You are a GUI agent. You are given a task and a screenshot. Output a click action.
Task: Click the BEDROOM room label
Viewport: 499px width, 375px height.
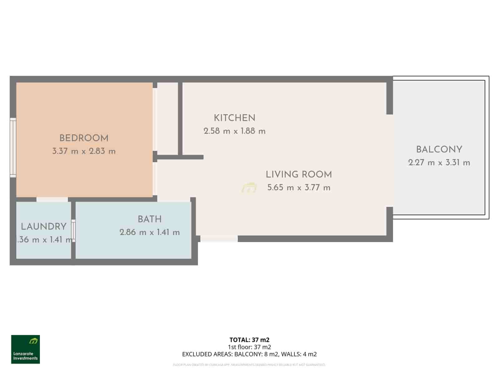coord(84,138)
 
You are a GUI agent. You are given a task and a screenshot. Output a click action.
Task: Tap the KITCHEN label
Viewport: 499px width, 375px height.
coord(235,118)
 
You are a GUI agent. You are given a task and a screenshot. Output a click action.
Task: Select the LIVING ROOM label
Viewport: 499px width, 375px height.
coord(299,174)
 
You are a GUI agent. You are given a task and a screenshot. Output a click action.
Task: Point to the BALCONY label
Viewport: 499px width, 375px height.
coord(439,150)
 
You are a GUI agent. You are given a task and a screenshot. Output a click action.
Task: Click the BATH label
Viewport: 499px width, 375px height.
coord(150,219)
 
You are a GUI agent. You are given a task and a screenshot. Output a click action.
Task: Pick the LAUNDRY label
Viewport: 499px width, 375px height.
coord(44,227)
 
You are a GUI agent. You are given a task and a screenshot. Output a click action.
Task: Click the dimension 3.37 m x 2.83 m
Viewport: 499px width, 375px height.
coord(84,152)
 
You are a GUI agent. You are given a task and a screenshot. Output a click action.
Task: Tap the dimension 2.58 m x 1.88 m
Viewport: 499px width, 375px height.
coord(235,131)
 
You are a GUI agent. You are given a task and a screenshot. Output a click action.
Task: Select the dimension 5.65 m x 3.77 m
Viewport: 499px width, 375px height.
coord(299,188)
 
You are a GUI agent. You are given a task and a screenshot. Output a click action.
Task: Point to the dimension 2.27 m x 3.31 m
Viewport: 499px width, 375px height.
coord(439,163)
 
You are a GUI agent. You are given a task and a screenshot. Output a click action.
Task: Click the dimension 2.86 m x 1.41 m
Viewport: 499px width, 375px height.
coord(150,232)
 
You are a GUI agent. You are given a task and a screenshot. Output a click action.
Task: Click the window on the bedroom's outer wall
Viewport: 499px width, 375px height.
coord(13,147)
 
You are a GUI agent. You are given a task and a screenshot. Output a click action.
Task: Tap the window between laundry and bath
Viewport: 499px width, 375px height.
coord(73,231)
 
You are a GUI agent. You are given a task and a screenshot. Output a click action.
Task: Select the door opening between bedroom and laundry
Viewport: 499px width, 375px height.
coord(52,199)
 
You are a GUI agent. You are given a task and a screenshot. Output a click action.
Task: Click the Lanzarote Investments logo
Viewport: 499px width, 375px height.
coord(26,349)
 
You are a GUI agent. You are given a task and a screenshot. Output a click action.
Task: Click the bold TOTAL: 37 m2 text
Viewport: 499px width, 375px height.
coord(249,340)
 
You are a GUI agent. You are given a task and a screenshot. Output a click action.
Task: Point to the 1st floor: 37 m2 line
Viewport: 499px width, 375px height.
coord(249,347)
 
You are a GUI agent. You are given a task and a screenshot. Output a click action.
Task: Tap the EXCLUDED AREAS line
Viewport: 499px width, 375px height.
coord(249,354)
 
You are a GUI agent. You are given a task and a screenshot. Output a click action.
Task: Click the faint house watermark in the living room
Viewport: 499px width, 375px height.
coord(249,188)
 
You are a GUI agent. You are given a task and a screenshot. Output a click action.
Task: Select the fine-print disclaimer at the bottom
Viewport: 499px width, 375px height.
coord(249,365)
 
